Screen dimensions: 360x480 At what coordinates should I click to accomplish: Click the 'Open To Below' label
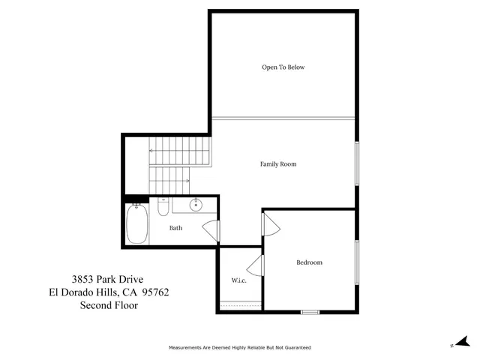pos(283,67)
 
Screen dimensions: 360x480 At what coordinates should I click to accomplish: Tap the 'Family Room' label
pos(278,163)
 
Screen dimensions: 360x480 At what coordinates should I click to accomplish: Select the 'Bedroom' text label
pos(309,262)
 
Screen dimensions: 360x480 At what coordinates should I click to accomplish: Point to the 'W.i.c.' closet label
pos(239,280)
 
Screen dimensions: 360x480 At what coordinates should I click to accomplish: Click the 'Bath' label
pos(175,228)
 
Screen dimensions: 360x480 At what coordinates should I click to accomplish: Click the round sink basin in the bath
pos(196,204)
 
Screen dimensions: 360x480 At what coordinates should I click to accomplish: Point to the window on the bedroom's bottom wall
pos(310,311)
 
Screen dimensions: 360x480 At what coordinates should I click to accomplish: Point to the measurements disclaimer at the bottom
pos(239,348)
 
